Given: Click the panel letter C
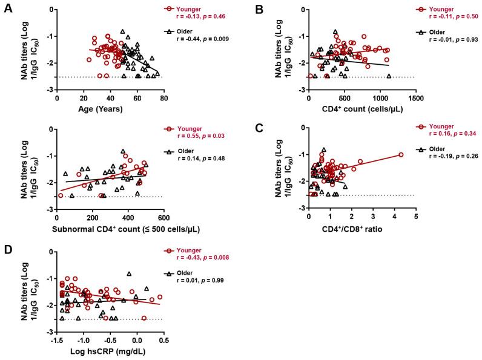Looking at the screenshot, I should point(259,128).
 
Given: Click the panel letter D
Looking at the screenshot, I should point(7,247).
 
